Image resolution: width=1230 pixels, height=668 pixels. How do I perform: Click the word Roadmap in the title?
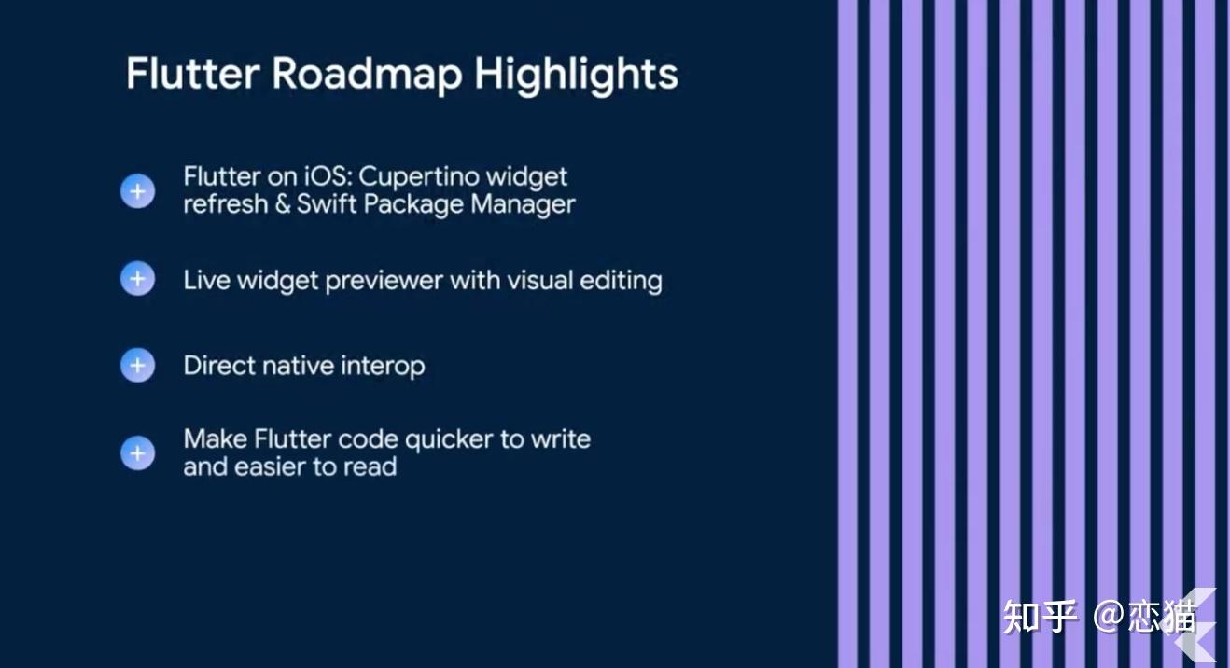pos(367,74)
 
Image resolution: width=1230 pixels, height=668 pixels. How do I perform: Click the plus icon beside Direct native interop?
pos(137,365)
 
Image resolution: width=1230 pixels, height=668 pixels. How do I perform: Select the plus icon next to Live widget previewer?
pos(137,278)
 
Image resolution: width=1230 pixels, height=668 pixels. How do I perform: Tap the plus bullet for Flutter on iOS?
pos(137,191)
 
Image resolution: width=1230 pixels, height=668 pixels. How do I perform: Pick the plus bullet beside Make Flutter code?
pos(137,452)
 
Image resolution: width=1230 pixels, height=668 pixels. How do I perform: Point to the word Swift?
pos(327,203)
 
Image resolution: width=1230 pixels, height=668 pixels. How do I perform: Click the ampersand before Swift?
pos(282,204)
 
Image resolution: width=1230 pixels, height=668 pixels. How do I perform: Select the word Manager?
pos(523,204)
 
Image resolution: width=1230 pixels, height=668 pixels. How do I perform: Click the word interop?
pos(383,367)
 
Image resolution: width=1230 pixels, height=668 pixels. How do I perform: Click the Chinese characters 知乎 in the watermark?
pos(1040,617)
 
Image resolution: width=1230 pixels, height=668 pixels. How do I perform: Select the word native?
pos(298,366)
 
